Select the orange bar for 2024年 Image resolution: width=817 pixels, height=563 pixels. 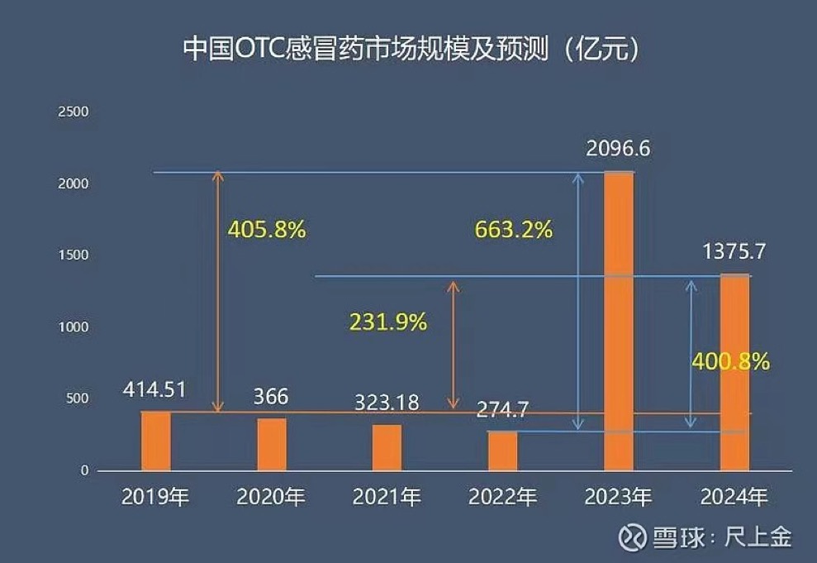point(734,372)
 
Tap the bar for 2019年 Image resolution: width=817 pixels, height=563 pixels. point(156,441)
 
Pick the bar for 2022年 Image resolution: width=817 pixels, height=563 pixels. point(502,451)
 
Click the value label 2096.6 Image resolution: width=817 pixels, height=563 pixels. point(619,150)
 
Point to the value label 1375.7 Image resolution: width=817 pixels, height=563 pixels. point(734,252)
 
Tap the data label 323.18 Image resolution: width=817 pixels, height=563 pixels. point(387,403)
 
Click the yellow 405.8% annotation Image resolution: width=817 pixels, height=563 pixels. point(266,229)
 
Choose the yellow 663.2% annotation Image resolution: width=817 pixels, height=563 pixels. point(513,229)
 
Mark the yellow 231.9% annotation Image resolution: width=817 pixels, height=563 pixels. point(388,322)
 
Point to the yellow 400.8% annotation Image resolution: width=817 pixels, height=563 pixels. point(731,360)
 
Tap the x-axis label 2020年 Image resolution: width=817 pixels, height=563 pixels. point(271,497)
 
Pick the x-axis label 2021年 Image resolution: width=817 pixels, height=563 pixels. point(387,497)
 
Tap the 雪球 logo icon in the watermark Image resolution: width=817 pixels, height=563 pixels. point(634,537)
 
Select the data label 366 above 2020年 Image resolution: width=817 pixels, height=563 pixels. point(271,397)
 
